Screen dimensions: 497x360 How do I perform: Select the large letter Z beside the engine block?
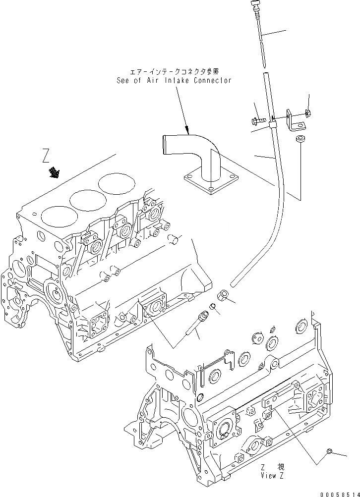[x=46, y=158]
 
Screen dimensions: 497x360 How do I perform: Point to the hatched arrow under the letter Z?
[x=53, y=173]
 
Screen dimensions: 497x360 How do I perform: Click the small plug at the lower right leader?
[x=329, y=451]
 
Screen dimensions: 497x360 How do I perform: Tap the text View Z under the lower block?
[x=272, y=474]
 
